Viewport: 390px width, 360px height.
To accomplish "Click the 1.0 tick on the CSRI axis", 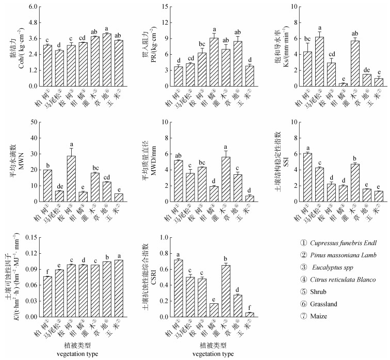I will tap(168, 238).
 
